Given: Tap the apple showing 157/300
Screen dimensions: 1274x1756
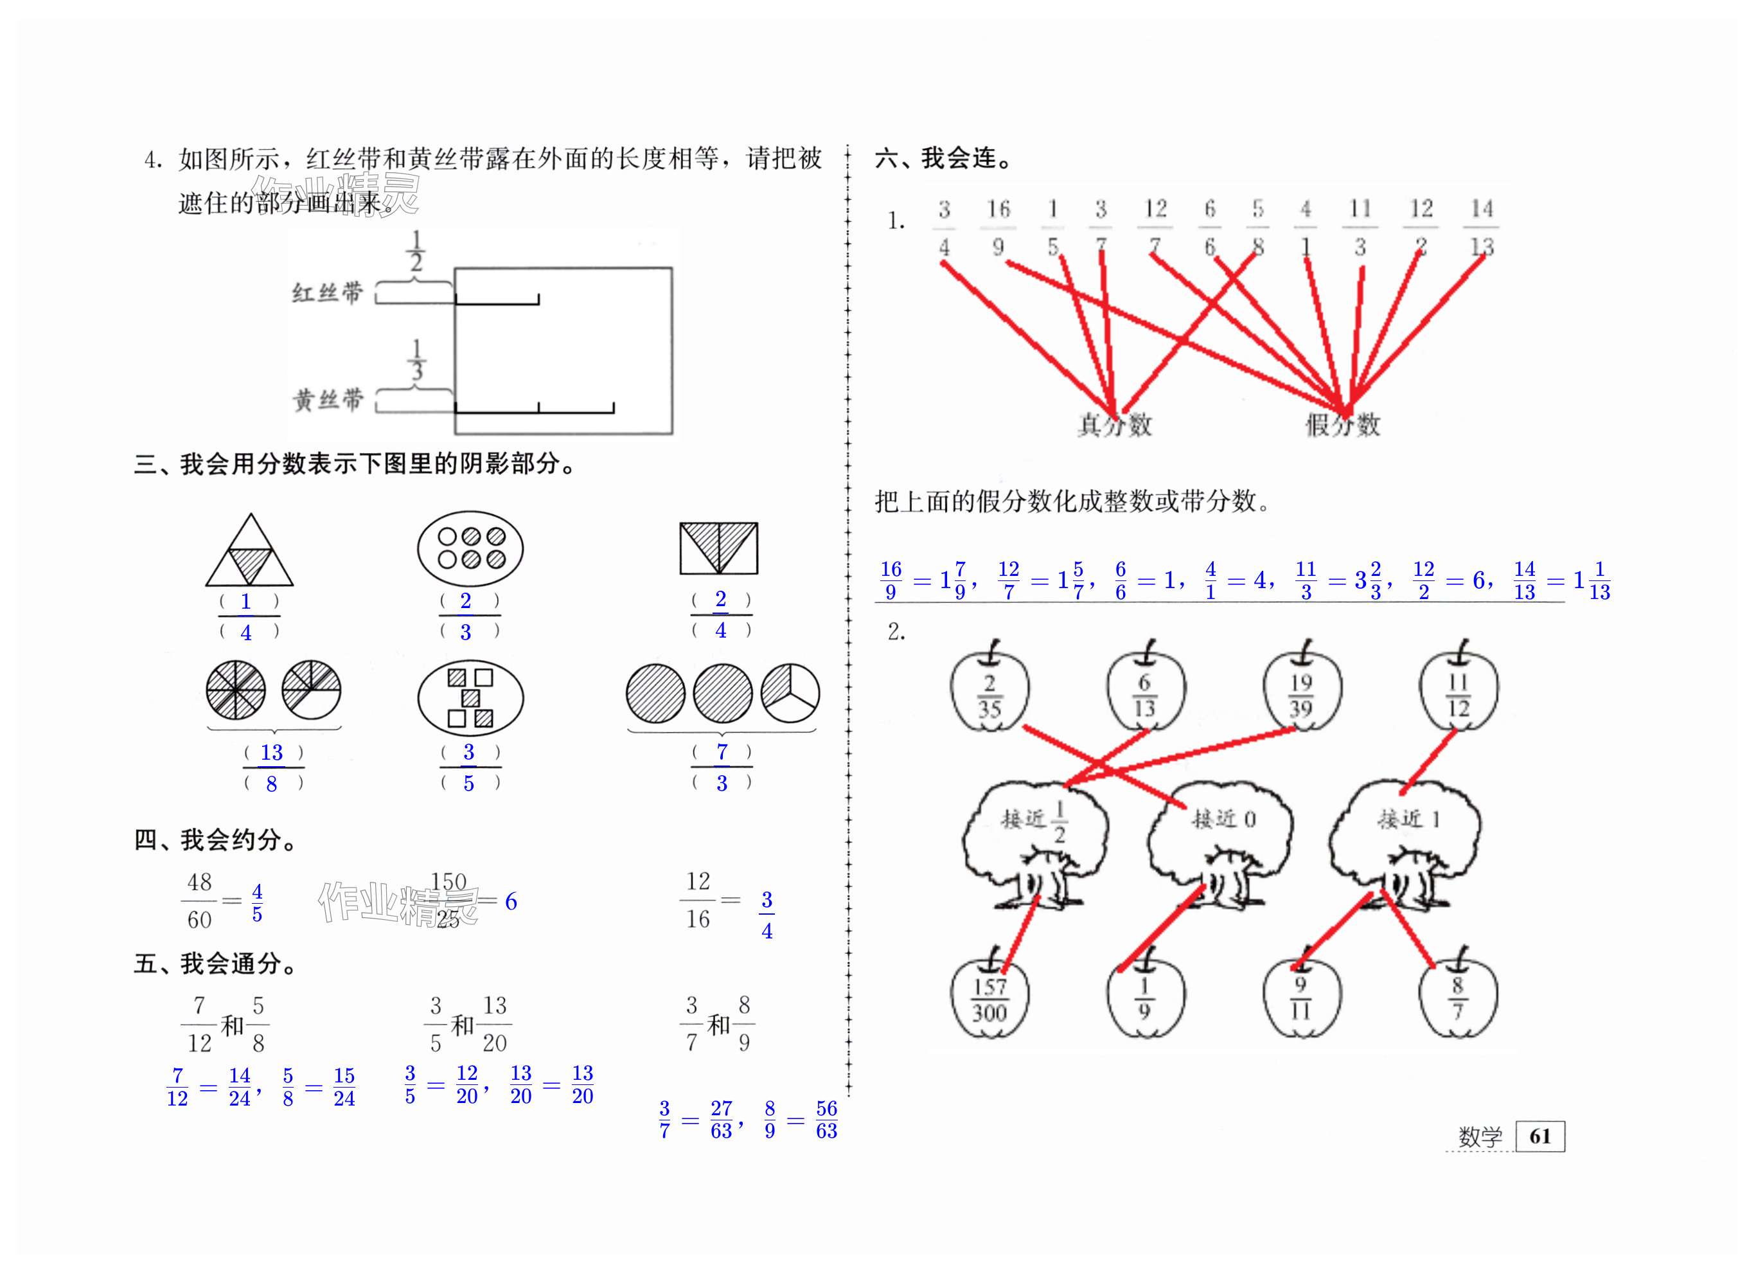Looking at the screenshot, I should [x=989, y=999].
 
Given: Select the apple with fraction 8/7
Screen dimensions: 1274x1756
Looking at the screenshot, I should [x=1458, y=999].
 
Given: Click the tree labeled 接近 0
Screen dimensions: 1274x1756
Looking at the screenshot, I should [x=1219, y=844].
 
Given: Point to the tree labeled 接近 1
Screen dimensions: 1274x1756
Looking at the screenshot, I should [x=1405, y=844].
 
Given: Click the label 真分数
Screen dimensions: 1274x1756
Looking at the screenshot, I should [x=1115, y=424].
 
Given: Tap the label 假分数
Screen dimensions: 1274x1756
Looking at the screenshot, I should [x=1344, y=424].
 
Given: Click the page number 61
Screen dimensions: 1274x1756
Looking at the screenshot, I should [x=1540, y=1136].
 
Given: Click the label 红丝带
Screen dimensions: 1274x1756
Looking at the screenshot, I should [x=328, y=292].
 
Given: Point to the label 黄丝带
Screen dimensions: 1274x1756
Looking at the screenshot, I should [x=328, y=400].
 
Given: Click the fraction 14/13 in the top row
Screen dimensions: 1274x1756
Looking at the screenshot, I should [x=1481, y=227].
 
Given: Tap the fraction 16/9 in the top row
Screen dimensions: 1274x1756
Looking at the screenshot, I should [x=998, y=227].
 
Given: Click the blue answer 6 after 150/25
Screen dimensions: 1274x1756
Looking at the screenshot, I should [x=511, y=901].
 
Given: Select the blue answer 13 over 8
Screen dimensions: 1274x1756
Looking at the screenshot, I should [x=272, y=767].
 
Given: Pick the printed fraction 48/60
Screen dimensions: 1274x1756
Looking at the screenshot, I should [x=199, y=900].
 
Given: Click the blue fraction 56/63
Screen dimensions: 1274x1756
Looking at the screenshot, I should [x=826, y=1120].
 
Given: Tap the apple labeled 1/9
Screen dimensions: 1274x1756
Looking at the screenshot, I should [x=1145, y=999].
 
